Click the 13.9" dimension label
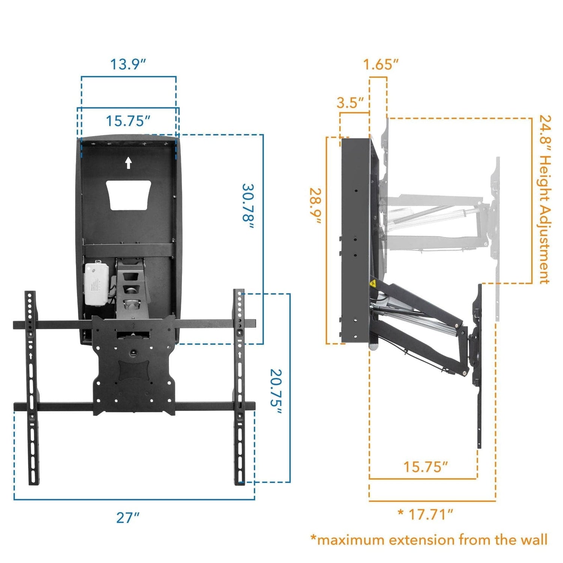(128, 64)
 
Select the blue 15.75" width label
(128, 121)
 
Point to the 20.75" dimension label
(276, 392)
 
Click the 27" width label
(128, 518)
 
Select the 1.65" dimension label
(380, 65)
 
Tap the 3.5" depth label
(350, 102)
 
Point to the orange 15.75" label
(425, 467)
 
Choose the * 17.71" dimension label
(425, 514)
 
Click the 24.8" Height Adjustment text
(545, 199)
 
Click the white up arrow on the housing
(128, 163)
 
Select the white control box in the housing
(97, 283)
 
